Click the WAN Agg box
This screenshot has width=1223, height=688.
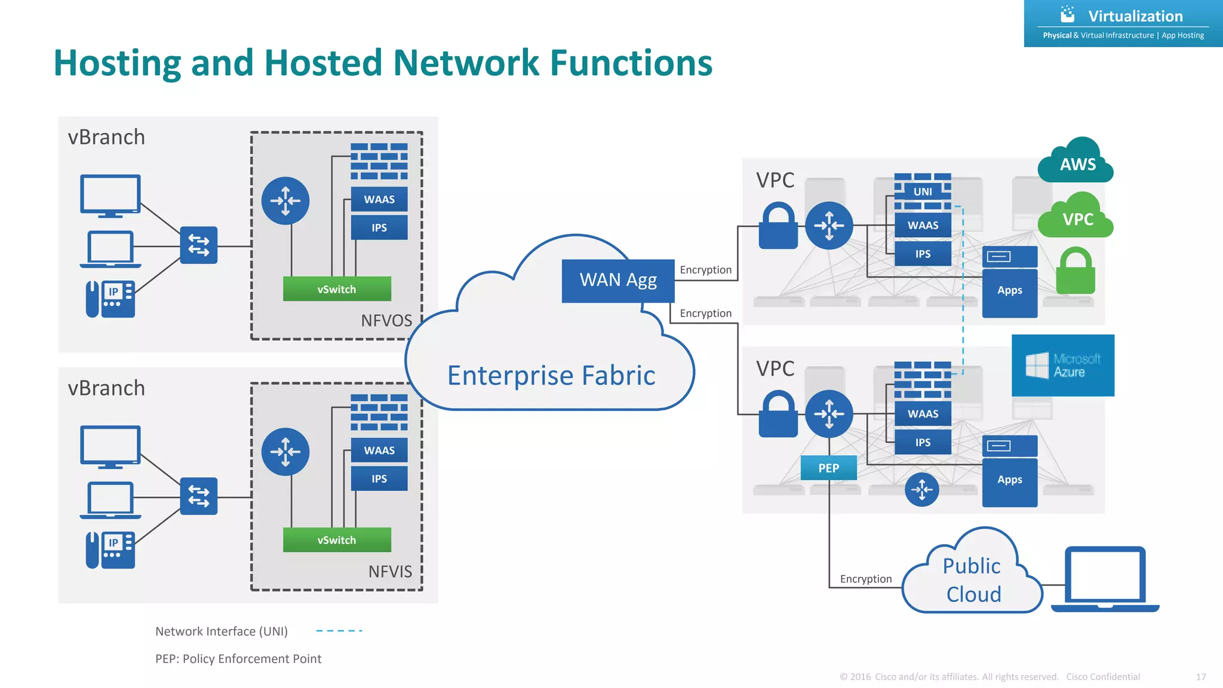click(x=617, y=281)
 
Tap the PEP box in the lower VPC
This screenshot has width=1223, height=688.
click(x=828, y=468)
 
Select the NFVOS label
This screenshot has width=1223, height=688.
click(x=386, y=321)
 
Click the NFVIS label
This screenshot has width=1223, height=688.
click(x=390, y=572)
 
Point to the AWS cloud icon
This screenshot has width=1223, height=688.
click(x=1077, y=163)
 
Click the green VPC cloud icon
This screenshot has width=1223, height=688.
click(x=1076, y=218)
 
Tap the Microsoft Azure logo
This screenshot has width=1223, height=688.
click(x=1062, y=365)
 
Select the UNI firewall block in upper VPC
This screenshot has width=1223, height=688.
click(x=923, y=191)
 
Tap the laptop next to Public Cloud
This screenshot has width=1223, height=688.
click(x=1105, y=579)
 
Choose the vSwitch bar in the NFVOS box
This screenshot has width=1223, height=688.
click(x=337, y=289)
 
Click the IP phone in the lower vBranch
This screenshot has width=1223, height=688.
click(x=110, y=549)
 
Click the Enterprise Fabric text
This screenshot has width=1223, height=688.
click(x=551, y=376)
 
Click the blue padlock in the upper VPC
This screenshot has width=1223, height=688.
click(x=778, y=227)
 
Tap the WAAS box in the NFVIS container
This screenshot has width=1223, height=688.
click(x=379, y=450)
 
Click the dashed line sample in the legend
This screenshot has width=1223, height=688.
click(x=339, y=631)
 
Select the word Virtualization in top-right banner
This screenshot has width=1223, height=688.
click(x=1135, y=16)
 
